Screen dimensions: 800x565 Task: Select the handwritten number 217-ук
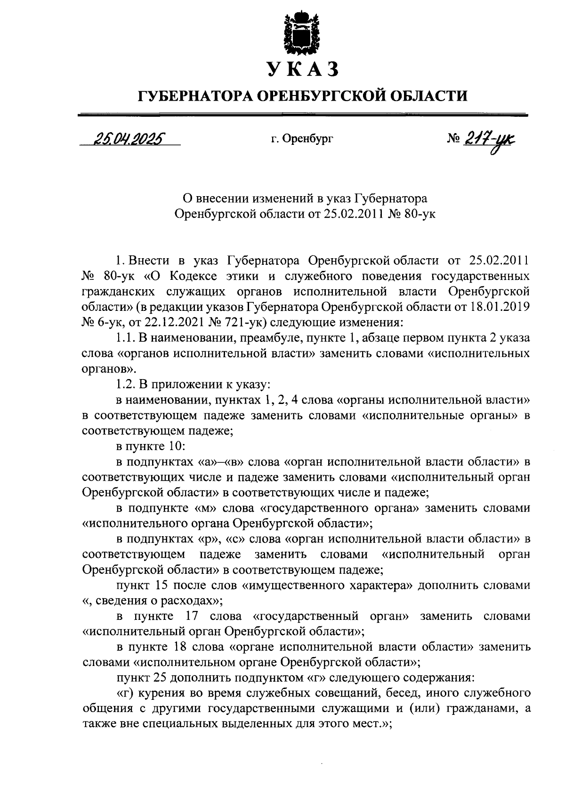490,140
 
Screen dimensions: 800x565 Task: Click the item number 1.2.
125,384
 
